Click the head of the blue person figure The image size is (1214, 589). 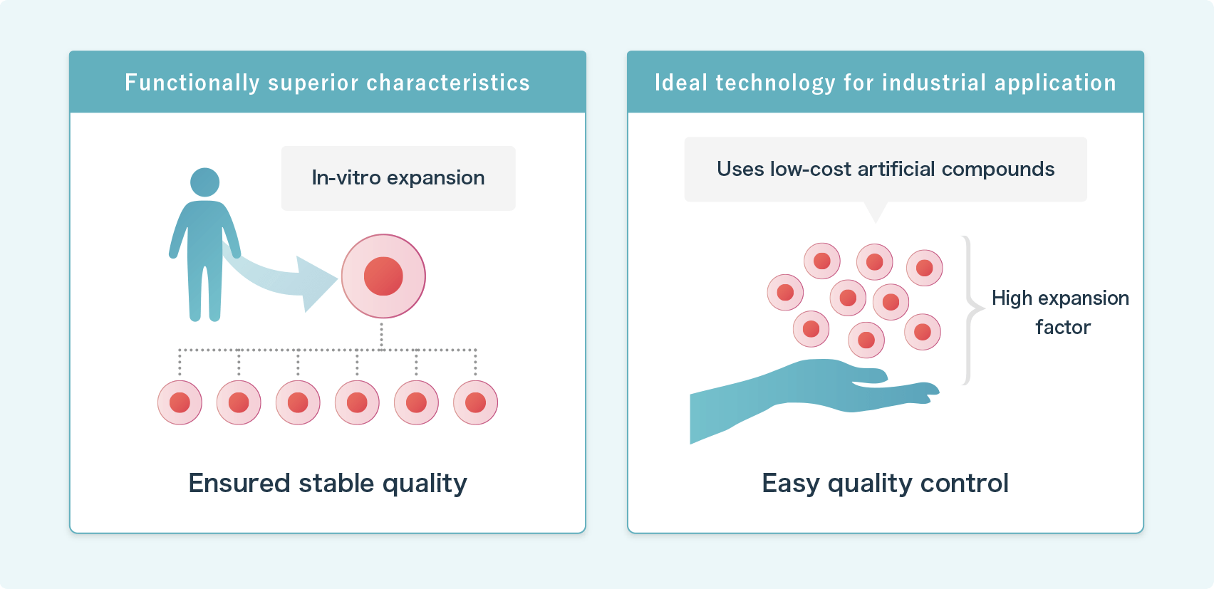click(x=205, y=182)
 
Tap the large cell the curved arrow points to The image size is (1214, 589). click(x=383, y=276)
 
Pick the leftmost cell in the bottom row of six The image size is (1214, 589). click(x=180, y=402)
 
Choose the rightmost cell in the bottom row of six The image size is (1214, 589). click(x=475, y=402)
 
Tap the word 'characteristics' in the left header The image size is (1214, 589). click(x=448, y=83)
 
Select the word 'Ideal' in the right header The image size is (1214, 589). click(x=681, y=83)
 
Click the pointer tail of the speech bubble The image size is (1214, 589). click(x=876, y=212)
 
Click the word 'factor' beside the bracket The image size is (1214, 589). click(x=1063, y=328)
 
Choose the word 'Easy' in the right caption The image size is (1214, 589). click(x=791, y=484)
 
